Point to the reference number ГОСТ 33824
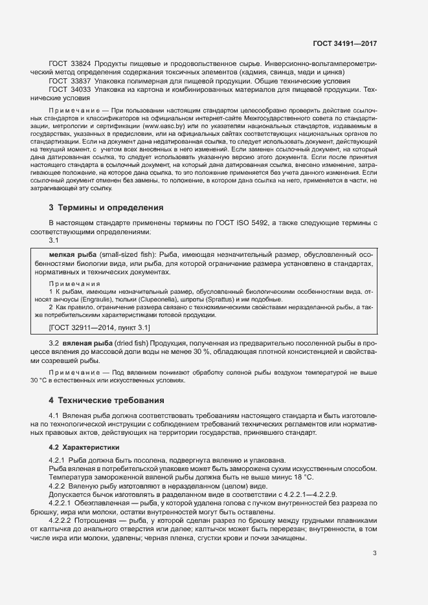pyautogui.click(x=69, y=65)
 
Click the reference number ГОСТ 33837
pyautogui.click(x=69, y=82)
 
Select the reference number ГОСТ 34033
pyautogui.click(x=69, y=90)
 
